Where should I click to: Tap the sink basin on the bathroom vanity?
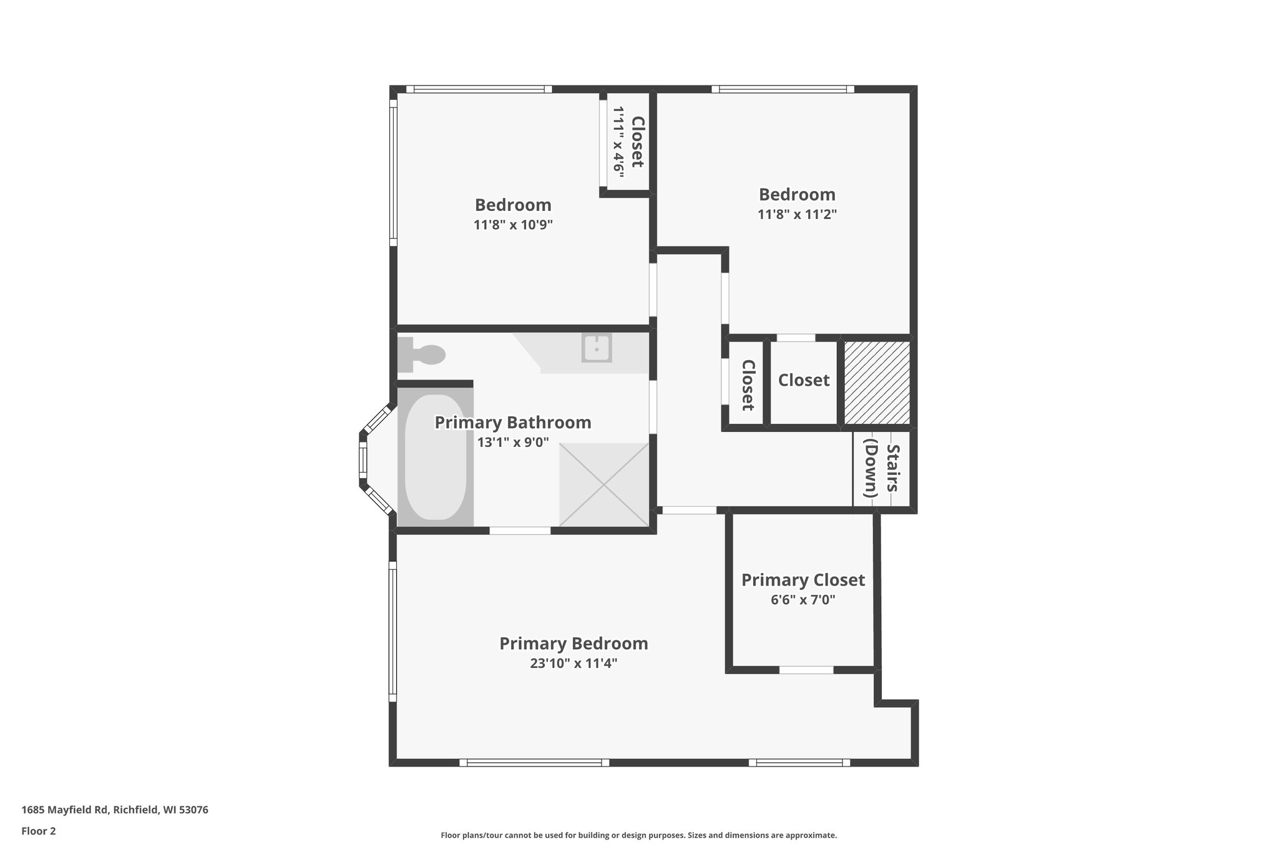point(597,348)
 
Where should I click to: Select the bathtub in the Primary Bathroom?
point(436,457)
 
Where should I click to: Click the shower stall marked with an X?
point(604,484)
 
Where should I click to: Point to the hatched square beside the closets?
point(877,382)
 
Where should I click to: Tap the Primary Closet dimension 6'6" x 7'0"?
point(803,600)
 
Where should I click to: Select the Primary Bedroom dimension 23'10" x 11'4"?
point(573,663)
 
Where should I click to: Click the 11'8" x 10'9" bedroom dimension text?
point(513,225)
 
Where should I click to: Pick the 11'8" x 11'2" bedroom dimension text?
point(797,215)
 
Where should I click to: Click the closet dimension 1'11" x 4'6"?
point(618,142)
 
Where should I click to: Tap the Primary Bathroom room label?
point(513,423)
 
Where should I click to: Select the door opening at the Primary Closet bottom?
point(806,670)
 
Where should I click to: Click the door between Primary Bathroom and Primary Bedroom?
point(520,531)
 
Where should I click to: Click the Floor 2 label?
point(39,831)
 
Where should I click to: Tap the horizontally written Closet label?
point(804,380)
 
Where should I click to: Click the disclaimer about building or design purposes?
point(638,835)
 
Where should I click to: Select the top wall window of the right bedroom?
point(783,89)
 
